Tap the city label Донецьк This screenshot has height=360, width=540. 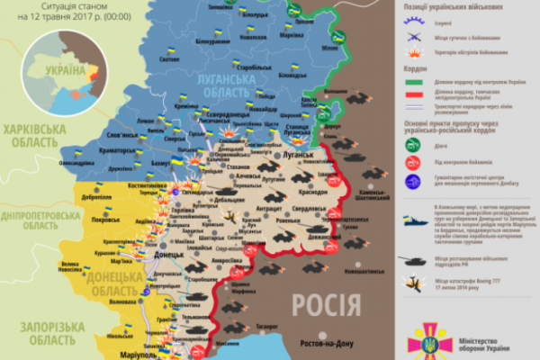click(170, 256)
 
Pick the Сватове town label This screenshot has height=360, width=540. click(168, 60)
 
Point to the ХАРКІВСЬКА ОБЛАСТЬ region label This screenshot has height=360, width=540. click(34, 136)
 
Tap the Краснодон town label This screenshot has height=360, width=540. click(313, 192)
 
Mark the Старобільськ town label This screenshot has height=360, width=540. click(244, 67)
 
